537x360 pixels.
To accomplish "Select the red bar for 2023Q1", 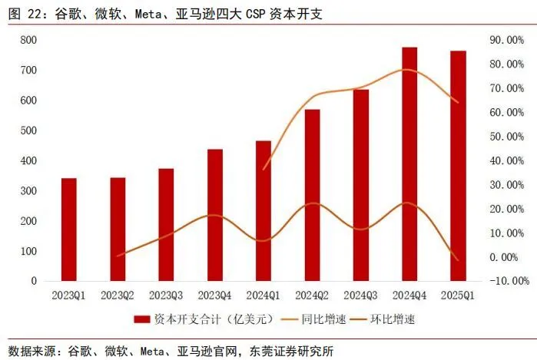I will tap(69, 230).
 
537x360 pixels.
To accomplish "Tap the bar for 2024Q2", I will tap(312, 195).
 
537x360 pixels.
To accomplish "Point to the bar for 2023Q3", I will tap(166, 224).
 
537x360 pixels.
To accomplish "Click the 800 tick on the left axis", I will tap(28, 40).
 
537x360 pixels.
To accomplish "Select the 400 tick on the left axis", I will tap(28, 160).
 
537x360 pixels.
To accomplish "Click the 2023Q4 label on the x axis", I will tap(215, 295).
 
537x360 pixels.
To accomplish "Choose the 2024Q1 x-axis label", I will tap(264, 295).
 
